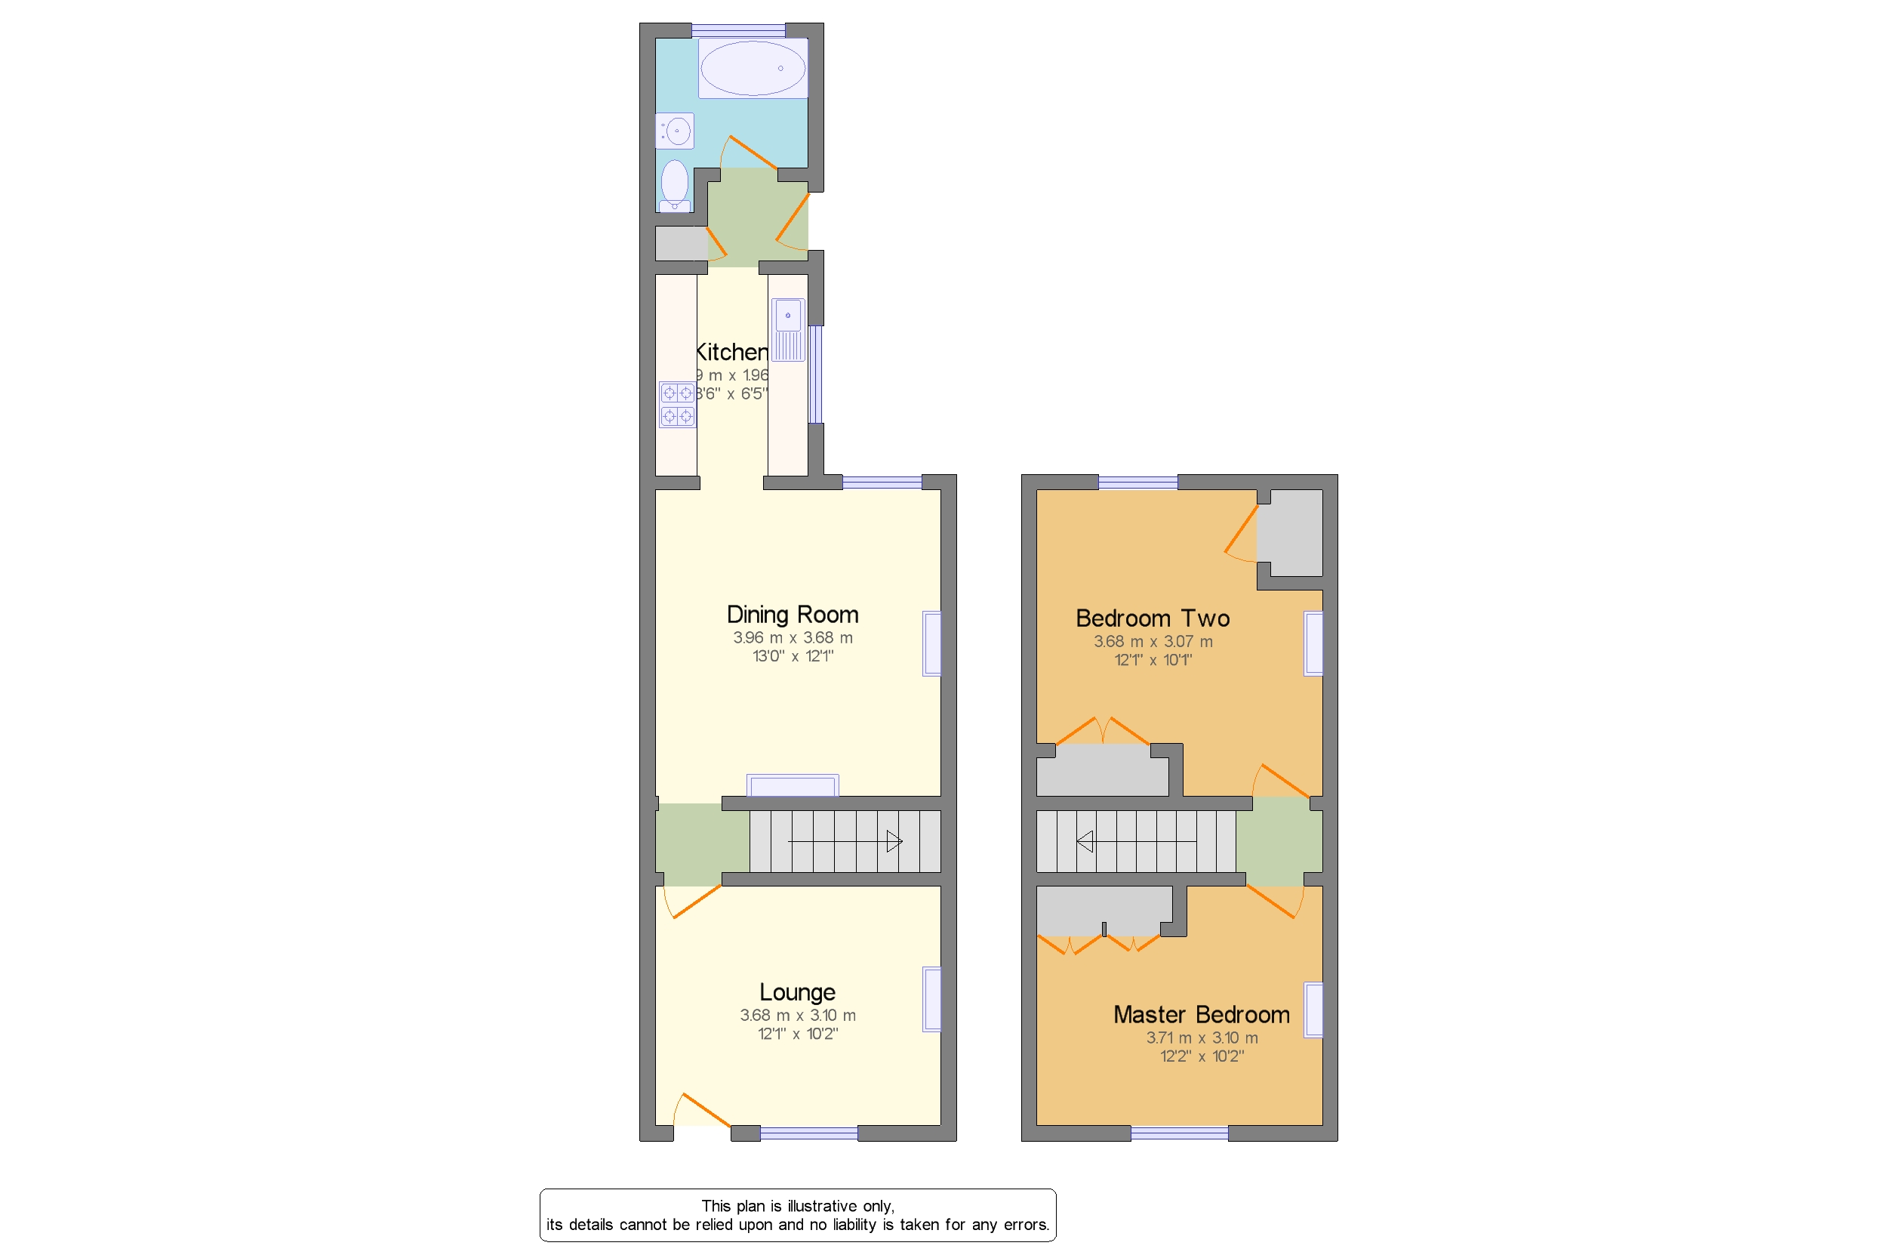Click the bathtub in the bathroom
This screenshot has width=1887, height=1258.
click(752, 68)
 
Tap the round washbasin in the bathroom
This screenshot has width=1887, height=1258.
click(676, 131)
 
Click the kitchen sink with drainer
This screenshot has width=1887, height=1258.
click(787, 330)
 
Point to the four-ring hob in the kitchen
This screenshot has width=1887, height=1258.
click(677, 405)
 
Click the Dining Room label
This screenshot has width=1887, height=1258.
click(792, 615)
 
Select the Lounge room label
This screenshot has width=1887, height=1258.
click(796, 992)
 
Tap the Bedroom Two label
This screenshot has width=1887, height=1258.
click(1152, 618)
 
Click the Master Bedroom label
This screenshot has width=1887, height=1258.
click(1201, 1015)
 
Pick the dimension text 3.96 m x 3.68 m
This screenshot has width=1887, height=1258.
click(792, 638)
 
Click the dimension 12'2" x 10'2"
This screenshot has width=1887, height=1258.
click(1201, 1056)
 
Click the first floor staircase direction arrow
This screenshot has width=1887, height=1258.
click(1085, 842)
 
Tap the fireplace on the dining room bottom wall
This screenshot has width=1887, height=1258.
click(792, 785)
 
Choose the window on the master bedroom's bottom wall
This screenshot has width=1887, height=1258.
click(1178, 1133)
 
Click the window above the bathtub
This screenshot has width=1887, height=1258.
click(737, 30)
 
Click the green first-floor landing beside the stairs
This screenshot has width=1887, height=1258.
click(1278, 842)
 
